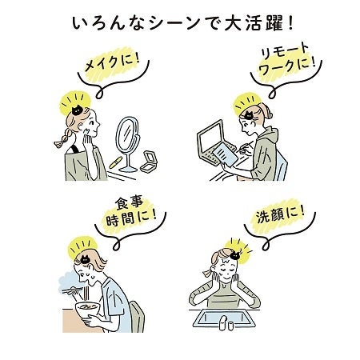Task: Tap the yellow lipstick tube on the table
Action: coord(116,162)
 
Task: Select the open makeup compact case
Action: coord(149,162)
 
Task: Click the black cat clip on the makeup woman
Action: coord(78,110)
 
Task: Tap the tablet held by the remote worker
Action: coord(226,153)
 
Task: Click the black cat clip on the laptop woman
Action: coord(249,115)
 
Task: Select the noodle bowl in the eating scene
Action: coord(87,310)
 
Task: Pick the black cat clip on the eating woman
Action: coord(85,259)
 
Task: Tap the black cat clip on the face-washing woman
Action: coord(235,255)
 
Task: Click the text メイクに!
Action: coord(112,62)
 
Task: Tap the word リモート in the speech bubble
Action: coord(285,52)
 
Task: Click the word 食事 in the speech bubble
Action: coord(130,203)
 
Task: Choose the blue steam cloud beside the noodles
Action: coord(68,281)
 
